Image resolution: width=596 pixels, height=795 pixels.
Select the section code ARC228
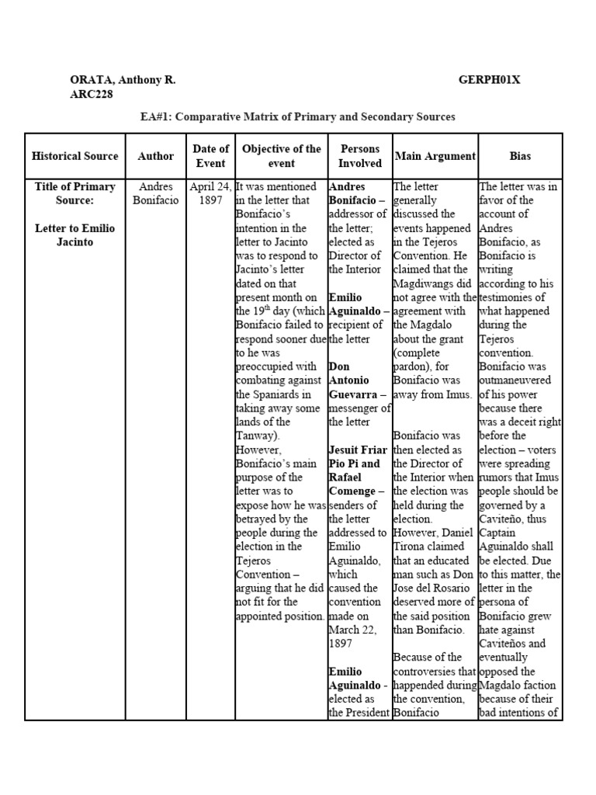(90, 94)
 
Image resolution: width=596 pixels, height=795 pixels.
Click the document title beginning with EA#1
(297, 116)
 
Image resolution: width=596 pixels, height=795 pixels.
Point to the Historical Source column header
(75, 155)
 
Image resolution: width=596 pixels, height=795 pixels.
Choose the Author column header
(156, 155)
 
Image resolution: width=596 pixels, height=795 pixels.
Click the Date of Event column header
(210, 155)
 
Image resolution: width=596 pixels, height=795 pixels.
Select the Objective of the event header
(281, 155)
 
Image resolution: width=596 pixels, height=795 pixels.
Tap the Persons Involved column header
(360, 155)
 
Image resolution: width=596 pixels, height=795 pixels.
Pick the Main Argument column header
(435, 155)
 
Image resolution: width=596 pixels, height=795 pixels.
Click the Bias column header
(520, 155)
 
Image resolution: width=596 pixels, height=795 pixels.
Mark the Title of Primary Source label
(75, 193)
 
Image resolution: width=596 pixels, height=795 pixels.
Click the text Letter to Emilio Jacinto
(75, 234)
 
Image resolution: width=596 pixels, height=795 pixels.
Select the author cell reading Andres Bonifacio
(156, 193)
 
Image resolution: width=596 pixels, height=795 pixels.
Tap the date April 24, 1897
(210, 193)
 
